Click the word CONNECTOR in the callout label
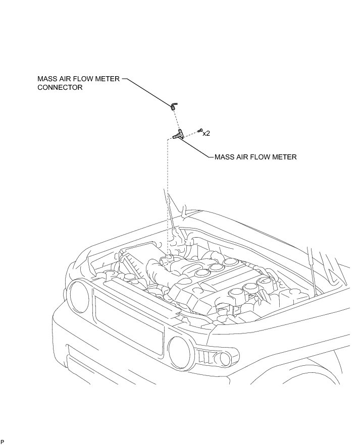[x=60, y=87]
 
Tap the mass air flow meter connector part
[x=173, y=105]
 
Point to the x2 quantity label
[x=206, y=133]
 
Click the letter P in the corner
[x=2, y=441]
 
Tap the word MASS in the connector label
[x=47, y=79]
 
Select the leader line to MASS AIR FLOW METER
[x=197, y=149]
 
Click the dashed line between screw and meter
[x=191, y=133]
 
